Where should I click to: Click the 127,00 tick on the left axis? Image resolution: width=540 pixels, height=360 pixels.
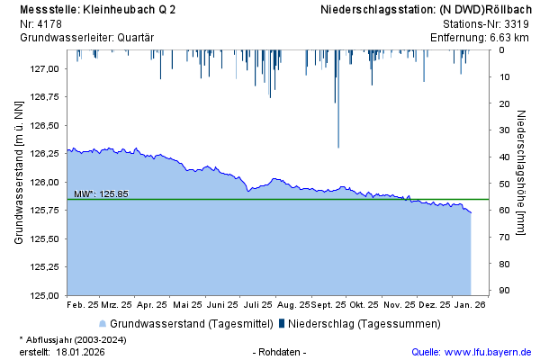click(45, 68)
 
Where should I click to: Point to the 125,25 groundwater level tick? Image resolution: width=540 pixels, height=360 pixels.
click(45, 266)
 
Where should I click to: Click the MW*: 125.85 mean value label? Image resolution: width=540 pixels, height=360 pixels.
click(101, 193)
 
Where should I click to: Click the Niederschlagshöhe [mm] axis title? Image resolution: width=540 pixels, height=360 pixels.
click(522, 175)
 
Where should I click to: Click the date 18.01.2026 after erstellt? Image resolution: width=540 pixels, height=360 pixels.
click(80, 351)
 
